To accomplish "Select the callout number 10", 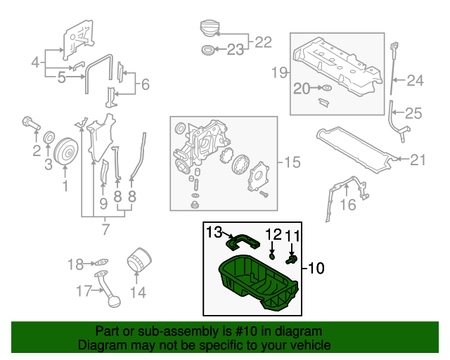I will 317,268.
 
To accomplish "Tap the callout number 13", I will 214,231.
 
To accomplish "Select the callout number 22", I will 262,42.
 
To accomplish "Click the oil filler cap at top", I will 208,29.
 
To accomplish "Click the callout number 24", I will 416,81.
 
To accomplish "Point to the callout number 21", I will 418,160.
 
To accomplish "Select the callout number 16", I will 348,205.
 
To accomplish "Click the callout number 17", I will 84,290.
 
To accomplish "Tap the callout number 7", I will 105,229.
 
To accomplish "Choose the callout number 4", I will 36,63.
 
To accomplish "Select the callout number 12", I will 273,234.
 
